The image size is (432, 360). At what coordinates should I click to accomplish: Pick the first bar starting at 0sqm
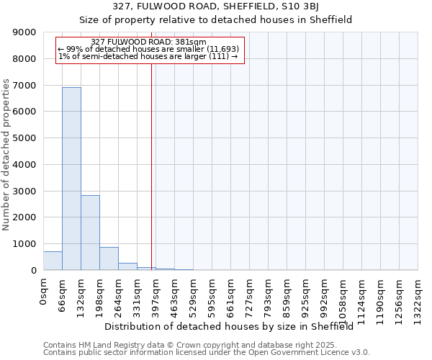pyautogui.click(x=53, y=261)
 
